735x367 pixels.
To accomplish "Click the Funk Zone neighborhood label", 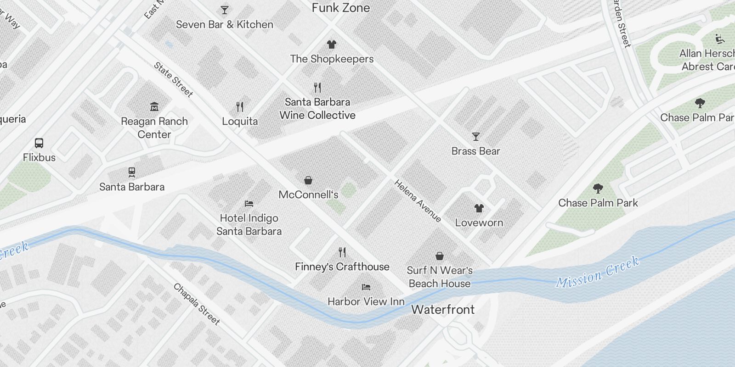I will point(340,8).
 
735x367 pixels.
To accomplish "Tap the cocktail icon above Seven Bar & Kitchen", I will point(224,10).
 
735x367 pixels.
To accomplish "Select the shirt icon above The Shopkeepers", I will point(331,44).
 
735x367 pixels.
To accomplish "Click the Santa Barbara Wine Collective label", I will point(317,109).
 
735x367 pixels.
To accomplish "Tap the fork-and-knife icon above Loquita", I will point(239,107).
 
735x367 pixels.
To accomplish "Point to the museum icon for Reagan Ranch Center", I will point(154,107).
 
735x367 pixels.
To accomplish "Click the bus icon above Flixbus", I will point(39,143).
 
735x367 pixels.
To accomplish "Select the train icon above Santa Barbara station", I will point(132,172).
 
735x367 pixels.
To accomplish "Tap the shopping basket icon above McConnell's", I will point(308,180).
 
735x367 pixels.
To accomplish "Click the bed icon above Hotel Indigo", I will point(249,204).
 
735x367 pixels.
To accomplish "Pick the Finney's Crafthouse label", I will point(342,267).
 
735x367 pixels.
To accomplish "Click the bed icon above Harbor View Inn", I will point(366,287).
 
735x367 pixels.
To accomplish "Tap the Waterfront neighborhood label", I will point(443,309).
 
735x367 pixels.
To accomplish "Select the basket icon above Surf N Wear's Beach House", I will point(440,256).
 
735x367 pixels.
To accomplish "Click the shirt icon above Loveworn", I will point(479,208).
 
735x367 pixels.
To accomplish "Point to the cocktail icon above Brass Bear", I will point(475,137).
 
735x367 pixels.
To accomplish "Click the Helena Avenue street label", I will point(418,201).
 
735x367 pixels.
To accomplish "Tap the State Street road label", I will point(173,80).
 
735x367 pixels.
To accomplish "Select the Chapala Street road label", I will point(197,304).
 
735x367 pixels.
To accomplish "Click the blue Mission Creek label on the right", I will point(597,272).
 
